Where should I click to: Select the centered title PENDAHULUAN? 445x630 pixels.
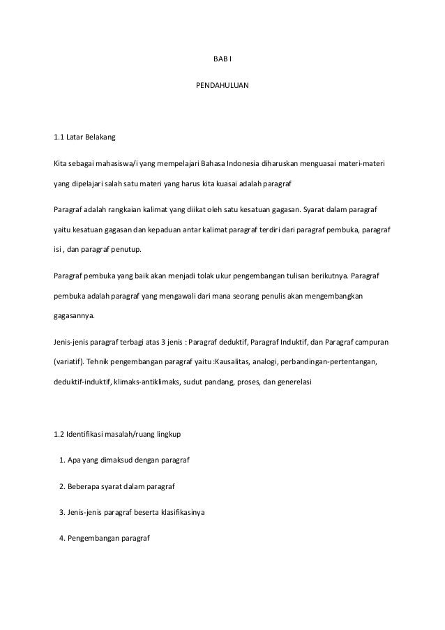(x=222, y=89)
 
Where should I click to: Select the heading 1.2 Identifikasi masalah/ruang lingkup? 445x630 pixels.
(x=117, y=436)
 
